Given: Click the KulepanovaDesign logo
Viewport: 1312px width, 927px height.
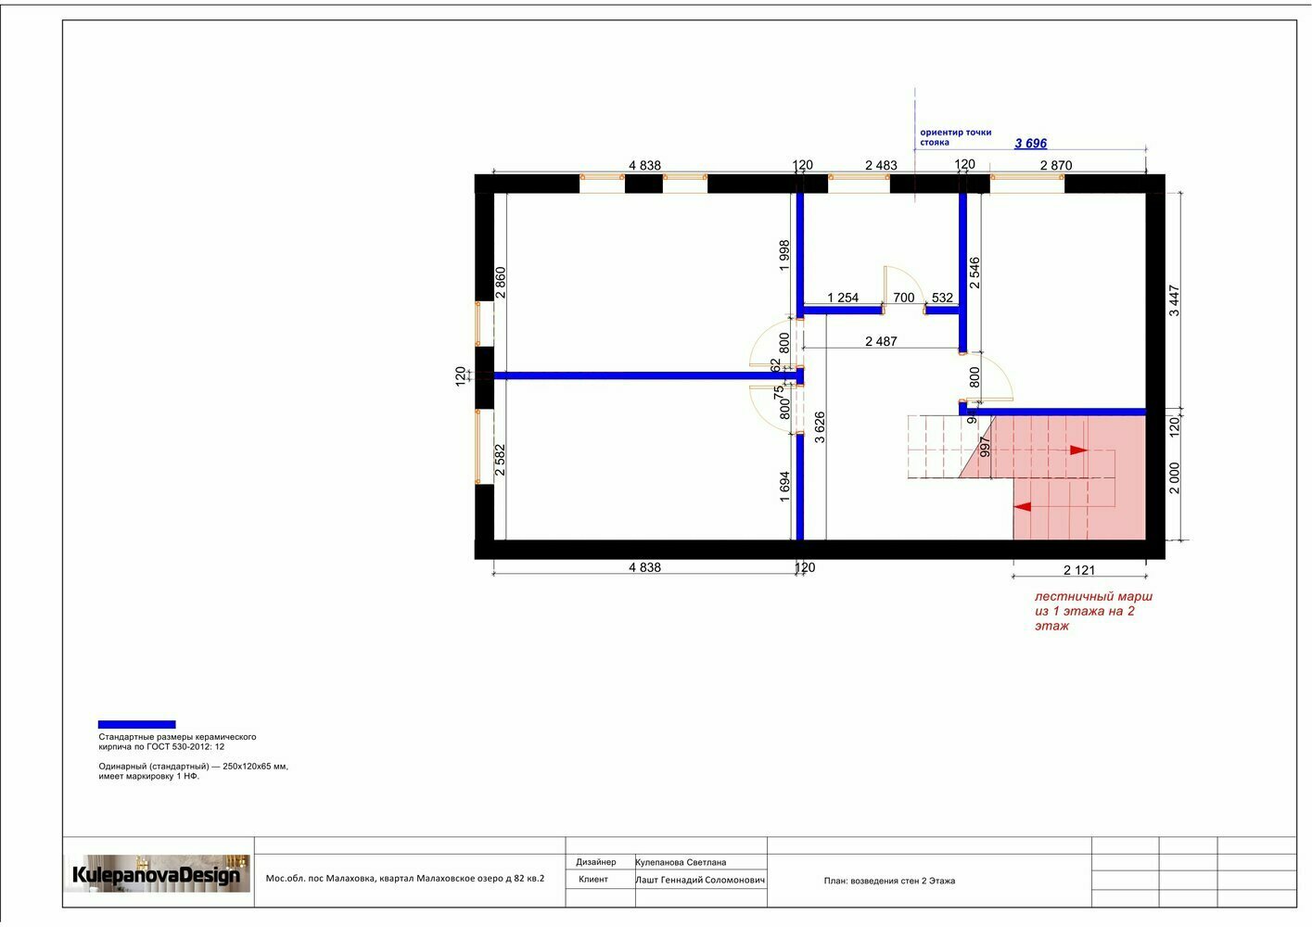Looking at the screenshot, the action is [x=157, y=874].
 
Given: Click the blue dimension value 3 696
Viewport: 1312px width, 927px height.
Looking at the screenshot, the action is [x=1030, y=144].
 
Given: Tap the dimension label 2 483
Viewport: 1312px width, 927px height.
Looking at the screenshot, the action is [x=881, y=166].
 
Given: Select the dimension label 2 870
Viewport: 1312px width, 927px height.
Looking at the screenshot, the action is [x=1055, y=166].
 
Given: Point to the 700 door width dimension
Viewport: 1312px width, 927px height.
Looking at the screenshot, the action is [x=903, y=298].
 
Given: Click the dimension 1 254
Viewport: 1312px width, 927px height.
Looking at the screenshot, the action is [x=843, y=298].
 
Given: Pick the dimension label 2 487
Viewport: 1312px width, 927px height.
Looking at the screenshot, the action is [x=881, y=341].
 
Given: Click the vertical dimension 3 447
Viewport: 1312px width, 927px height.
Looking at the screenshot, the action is [x=1175, y=300].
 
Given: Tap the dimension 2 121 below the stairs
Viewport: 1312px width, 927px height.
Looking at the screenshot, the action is [x=1079, y=570].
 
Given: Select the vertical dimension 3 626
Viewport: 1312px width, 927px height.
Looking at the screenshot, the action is [x=820, y=427].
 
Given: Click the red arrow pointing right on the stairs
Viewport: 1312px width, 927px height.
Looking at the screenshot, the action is [x=1079, y=451].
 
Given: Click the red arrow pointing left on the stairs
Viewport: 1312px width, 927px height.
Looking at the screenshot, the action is [x=1023, y=506].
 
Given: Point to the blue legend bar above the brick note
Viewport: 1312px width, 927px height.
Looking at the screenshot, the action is [x=136, y=724].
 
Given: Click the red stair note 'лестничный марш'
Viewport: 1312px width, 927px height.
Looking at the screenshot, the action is [x=1093, y=597].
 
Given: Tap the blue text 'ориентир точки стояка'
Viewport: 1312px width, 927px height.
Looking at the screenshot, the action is [x=955, y=137].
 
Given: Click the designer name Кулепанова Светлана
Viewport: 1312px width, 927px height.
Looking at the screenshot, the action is [x=681, y=862].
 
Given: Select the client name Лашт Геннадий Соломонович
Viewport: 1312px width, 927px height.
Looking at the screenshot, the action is [x=700, y=880].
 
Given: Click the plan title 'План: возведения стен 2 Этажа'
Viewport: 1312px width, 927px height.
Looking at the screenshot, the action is [x=889, y=881].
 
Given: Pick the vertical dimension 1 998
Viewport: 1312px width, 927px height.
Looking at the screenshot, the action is [x=784, y=255].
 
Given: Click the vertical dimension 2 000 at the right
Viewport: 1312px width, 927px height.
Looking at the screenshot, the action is [x=1175, y=478].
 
